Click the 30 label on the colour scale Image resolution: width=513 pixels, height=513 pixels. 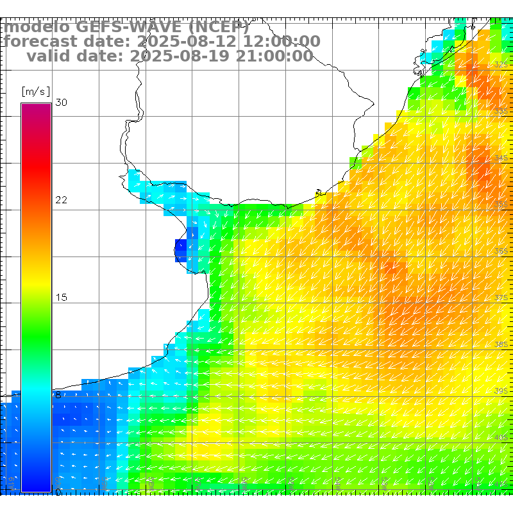pos(61,103)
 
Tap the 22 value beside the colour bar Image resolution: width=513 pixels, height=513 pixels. pos(61,200)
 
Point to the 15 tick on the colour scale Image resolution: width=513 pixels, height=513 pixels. pos(61,298)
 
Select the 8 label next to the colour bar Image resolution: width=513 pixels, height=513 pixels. pos(58,395)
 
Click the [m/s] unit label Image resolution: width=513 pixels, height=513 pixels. pos(35,91)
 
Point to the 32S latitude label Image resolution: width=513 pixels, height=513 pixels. pos(501,65)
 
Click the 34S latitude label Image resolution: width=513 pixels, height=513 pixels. pos(501,158)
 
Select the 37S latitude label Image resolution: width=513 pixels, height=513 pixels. pos(501,298)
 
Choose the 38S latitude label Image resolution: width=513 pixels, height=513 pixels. pos(501,344)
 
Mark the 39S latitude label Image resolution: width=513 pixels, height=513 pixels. pos(501,391)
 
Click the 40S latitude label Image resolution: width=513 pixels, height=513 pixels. pos(501,437)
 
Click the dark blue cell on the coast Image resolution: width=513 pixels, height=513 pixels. pos(181,250)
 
